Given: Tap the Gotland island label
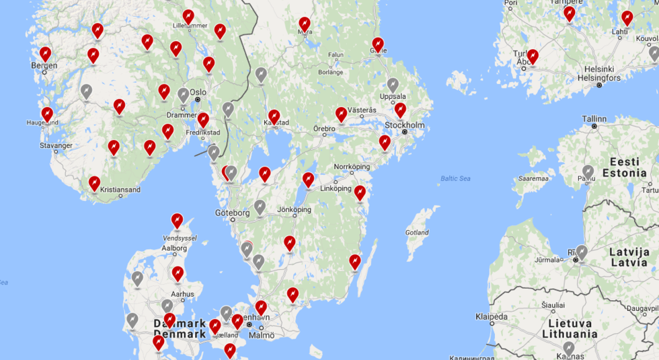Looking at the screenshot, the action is (x=417, y=233).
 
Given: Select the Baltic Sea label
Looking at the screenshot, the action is (x=455, y=178).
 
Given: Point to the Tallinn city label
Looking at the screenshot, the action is (x=594, y=118).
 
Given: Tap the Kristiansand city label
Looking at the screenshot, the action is (x=120, y=190).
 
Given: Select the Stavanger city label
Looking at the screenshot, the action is (x=56, y=145).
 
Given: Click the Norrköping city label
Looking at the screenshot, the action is (x=352, y=166).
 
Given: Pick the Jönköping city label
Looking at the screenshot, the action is (x=294, y=210).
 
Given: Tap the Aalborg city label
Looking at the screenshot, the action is (x=174, y=248).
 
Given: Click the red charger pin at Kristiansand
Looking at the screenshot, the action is (x=94, y=182).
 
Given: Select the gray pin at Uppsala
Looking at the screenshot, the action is (x=393, y=85).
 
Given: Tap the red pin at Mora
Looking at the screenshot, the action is (x=305, y=24).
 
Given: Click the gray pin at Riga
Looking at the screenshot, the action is (x=582, y=252).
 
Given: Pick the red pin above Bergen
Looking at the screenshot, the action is (x=45, y=53).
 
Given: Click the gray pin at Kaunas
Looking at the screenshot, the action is (x=569, y=347).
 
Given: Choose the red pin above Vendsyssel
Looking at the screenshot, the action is (x=177, y=219).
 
